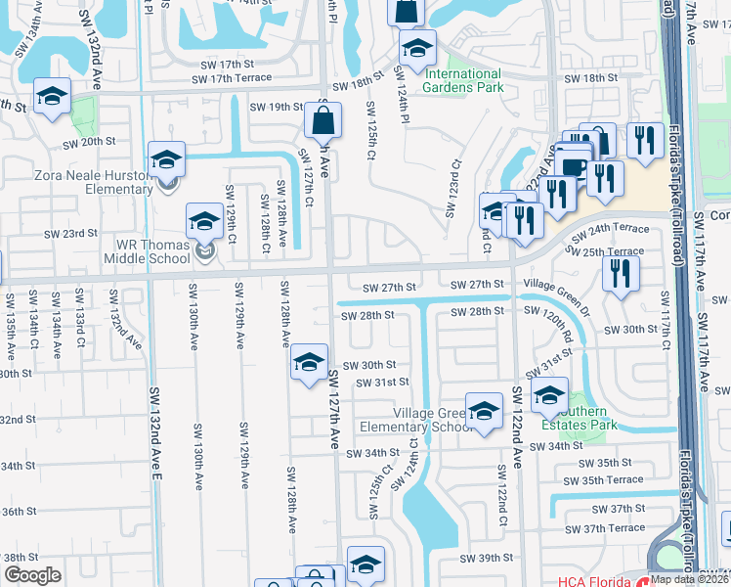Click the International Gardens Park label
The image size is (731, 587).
(462, 80)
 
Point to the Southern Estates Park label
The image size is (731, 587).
(590, 419)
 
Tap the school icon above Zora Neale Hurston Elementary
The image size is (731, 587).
(166, 159)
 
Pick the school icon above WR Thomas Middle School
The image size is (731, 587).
(205, 223)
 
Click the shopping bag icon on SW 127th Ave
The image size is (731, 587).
(322, 121)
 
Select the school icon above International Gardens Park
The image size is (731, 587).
(418, 48)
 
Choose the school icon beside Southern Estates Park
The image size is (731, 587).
(549, 395)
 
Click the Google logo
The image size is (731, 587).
(32, 575)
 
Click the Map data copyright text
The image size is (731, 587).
(687, 578)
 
